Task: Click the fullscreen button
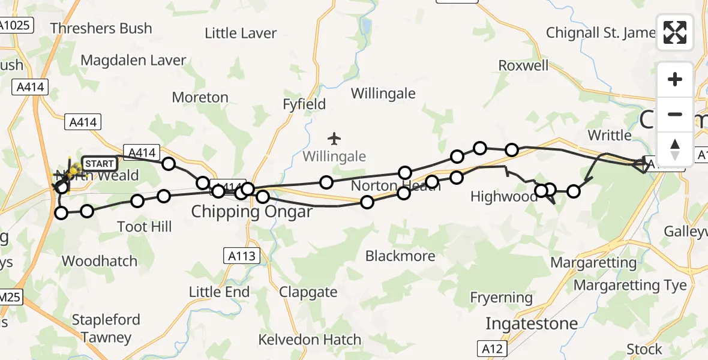click(x=675, y=32)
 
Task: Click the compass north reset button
click(x=675, y=149)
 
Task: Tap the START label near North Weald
click(x=99, y=163)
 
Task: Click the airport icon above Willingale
click(x=334, y=139)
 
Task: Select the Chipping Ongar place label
click(x=252, y=212)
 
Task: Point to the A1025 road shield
click(x=16, y=26)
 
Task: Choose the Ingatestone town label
click(x=532, y=323)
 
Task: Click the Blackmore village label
click(x=400, y=256)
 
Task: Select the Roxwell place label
click(x=524, y=65)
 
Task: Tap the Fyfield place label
click(x=304, y=104)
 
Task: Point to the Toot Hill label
click(x=145, y=226)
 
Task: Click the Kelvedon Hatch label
click(x=310, y=340)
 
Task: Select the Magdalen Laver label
click(x=133, y=61)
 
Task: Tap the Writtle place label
click(x=610, y=135)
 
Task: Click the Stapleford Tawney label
click(x=106, y=328)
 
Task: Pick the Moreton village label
click(x=200, y=97)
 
